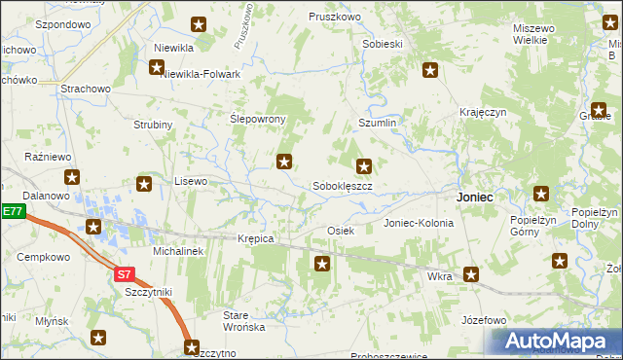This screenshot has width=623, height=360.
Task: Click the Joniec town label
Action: [474, 197]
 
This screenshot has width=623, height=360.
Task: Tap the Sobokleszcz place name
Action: [342, 185]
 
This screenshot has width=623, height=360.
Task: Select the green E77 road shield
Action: [11, 211]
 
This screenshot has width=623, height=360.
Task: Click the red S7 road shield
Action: [124, 274]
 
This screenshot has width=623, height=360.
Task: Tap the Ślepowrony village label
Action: [257, 119]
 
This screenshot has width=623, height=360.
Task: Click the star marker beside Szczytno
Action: [192, 345]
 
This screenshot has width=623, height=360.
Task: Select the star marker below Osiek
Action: [322, 263]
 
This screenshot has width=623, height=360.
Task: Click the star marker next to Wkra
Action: [471, 275]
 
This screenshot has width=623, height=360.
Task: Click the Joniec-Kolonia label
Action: [419, 223]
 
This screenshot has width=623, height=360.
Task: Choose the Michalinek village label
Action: [177, 250]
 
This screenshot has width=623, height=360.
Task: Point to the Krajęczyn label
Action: [484, 113]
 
